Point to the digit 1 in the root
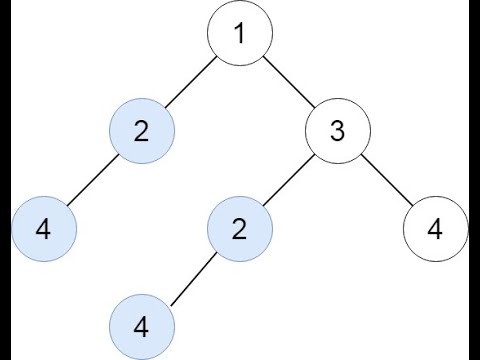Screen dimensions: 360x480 point(239,35)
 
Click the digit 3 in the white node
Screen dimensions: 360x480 point(337,131)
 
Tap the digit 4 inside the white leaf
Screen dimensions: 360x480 point(434,228)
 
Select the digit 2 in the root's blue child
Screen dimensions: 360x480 point(141,131)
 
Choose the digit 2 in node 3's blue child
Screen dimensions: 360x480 point(239,228)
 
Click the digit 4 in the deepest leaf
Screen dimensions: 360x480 point(141,325)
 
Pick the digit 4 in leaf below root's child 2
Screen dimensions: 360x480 point(43,228)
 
